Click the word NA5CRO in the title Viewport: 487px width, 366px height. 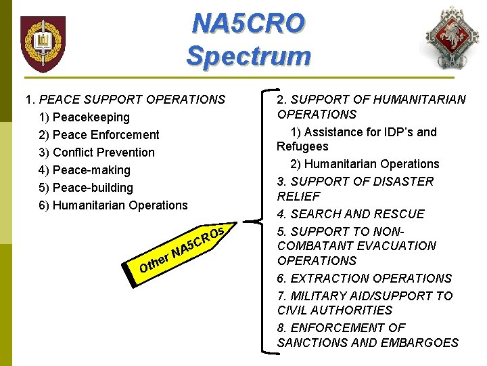click(248, 23)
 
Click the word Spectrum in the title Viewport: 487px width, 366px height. click(248, 56)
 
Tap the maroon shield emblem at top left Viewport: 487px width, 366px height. click(43, 44)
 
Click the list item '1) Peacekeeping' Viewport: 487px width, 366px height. click(84, 117)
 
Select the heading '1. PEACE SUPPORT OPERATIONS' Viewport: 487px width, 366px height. click(125, 100)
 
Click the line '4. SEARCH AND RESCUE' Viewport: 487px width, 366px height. click(350, 214)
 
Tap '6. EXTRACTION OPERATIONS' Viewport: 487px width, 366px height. click(364, 279)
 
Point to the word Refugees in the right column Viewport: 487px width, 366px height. click(302, 146)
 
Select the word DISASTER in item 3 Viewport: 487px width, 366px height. click(401, 182)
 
